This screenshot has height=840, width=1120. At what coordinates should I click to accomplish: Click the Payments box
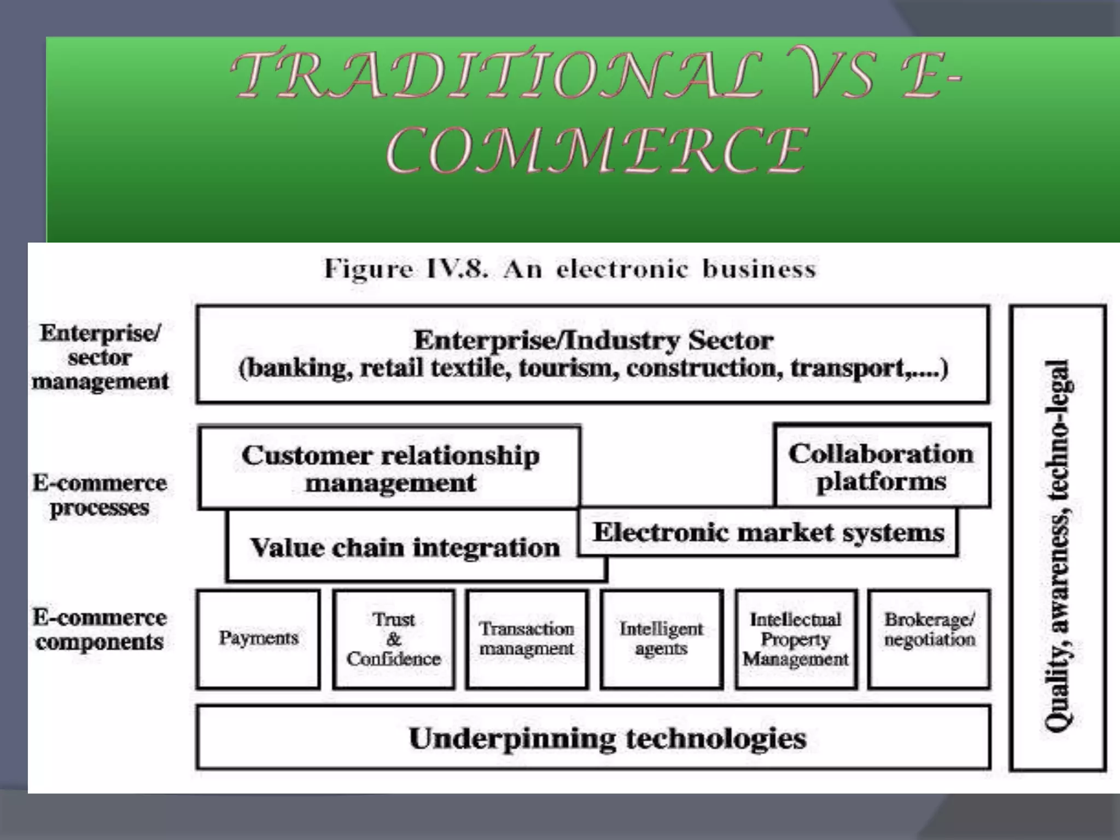pos(258,639)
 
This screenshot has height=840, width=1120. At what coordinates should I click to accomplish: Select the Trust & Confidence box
pos(394,639)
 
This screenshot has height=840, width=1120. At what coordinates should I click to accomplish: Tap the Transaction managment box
pos(527,639)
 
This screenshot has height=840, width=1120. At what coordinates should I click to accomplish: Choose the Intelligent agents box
pos(661,639)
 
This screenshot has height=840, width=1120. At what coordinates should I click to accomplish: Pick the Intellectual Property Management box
pos(796,639)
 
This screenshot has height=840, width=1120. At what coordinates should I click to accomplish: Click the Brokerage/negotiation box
pos(929,639)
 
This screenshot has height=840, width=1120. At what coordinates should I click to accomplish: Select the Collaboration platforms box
pos(882,466)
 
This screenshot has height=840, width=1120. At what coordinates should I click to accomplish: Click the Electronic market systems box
pos(768,532)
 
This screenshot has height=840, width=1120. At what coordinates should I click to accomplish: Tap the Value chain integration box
pos(405,547)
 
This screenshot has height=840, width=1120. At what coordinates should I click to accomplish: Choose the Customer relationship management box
pos(390,469)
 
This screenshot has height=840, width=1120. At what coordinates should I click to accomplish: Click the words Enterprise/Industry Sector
pos(593,340)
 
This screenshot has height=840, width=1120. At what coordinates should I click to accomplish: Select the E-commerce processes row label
pos(100,495)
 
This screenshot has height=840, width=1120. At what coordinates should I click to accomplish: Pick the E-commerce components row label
pos(100,629)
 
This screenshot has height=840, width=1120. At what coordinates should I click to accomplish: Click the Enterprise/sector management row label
pos(100,357)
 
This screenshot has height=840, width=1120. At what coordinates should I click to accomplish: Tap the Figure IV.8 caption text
pos(570,269)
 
